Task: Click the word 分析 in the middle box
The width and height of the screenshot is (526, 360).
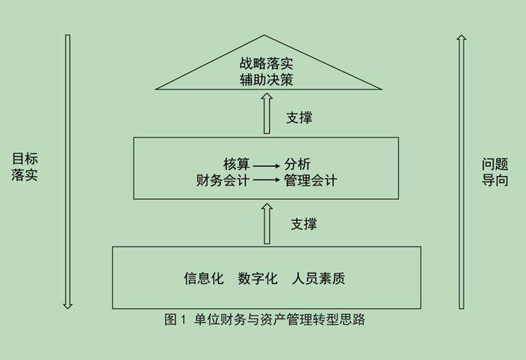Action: pyautogui.click(x=297, y=164)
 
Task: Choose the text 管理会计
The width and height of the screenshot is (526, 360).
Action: pyautogui.click(x=310, y=180)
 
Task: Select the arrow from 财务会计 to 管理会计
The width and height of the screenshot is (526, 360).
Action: pyautogui.click(x=267, y=180)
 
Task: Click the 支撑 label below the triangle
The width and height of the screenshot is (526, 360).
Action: pyautogui.click(x=299, y=117)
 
